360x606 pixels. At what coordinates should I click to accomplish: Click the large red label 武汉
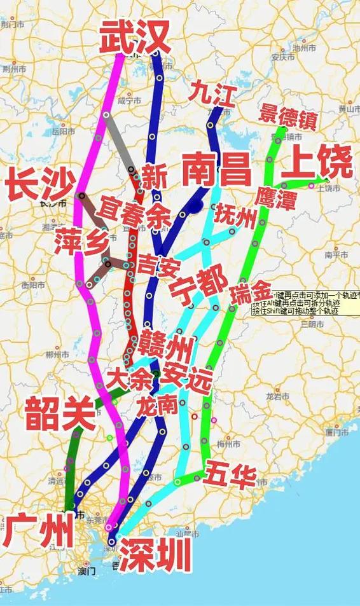tap(135, 37)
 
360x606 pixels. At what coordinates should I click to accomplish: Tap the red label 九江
tap(212, 95)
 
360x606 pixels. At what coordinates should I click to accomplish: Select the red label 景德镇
tap(287, 116)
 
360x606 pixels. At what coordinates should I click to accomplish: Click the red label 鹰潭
tap(275, 198)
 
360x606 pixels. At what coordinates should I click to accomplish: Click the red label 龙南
tap(156, 405)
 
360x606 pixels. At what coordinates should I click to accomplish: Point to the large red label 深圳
tap(155, 554)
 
